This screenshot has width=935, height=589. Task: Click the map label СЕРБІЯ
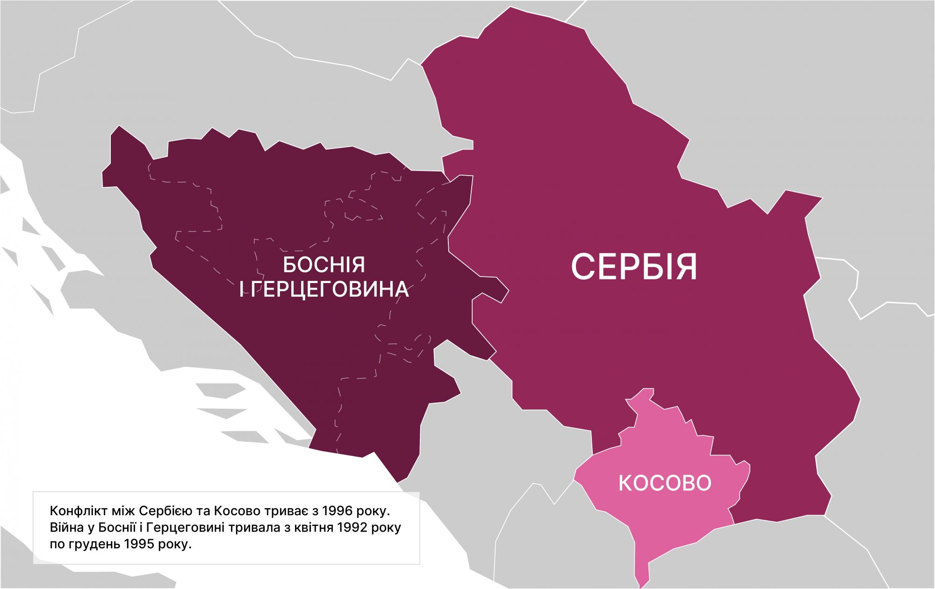click(x=634, y=267)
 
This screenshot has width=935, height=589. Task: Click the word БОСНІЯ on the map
click(x=324, y=266)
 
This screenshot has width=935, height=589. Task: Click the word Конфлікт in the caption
click(x=73, y=510)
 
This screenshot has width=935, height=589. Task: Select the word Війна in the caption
click(x=65, y=528)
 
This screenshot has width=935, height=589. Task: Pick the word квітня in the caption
click(x=313, y=528)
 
